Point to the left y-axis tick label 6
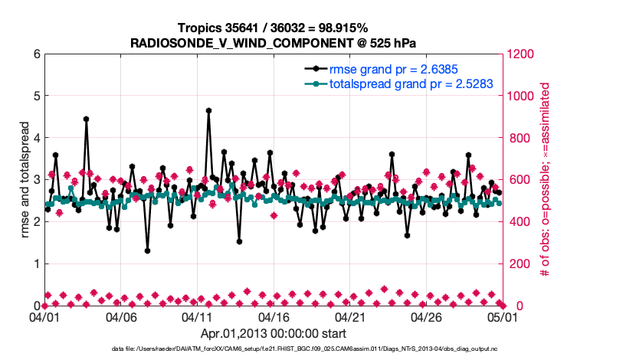click(36, 54)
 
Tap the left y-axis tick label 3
click(36, 180)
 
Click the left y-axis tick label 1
click(36, 263)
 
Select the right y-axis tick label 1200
click(520, 54)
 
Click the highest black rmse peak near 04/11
click(208, 110)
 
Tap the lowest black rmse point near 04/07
click(147, 250)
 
